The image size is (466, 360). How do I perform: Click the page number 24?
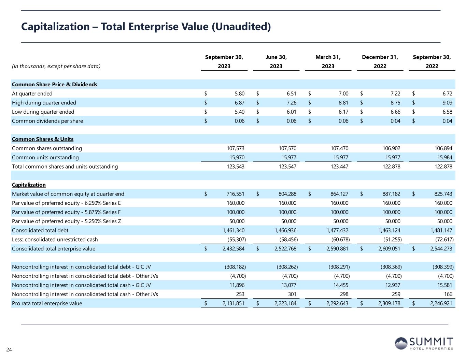pyautogui.click(x=9, y=350)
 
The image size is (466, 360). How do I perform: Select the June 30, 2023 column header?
pyautogui.click(x=276, y=62)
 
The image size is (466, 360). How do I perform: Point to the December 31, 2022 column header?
pyautogui.click(x=380, y=62)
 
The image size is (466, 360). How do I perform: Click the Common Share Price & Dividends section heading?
pyautogui.click(x=55, y=84)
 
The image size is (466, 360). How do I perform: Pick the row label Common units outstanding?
pyautogui.click(x=45, y=157)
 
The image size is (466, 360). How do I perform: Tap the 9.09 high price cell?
pyautogui.click(x=447, y=103)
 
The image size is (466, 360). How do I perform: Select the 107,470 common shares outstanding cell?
pyautogui.click(x=339, y=148)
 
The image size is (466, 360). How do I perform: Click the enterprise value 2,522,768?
pyautogui.click(x=285, y=249)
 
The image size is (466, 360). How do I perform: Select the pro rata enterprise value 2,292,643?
pyautogui.click(x=337, y=303)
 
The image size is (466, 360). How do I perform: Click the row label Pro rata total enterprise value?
pyautogui.click(x=47, y=303)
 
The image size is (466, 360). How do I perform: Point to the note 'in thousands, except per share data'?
pyautogui.click(x=56, y=66)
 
